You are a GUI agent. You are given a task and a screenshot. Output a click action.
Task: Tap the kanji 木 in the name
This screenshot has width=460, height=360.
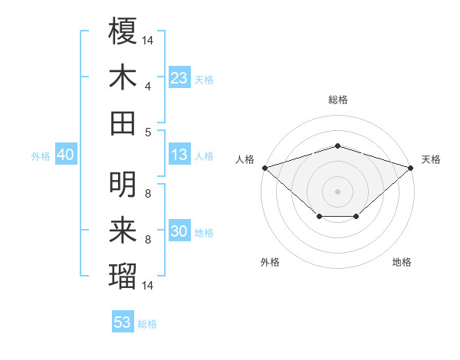click(x=123, y=77)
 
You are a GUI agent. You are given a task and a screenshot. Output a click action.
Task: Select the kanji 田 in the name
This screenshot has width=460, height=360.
click(x=123, y=123)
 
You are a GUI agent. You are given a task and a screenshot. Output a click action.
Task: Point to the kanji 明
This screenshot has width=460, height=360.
click(x=123, y=185)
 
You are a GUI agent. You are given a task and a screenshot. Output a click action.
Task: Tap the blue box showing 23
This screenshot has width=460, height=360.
click(x=179, y=77)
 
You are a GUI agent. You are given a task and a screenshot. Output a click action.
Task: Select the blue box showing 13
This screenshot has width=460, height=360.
click(x=179, y=155)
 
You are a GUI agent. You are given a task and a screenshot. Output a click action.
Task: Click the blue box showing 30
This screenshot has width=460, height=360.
click(x=179, y=231)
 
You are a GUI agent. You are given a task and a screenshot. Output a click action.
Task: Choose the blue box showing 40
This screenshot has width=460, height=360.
click(x=65, y=155)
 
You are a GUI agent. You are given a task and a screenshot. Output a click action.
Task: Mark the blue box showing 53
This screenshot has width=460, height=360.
click(x=123, y=322)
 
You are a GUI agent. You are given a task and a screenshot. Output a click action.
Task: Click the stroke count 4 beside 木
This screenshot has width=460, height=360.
click(x=148, y=86)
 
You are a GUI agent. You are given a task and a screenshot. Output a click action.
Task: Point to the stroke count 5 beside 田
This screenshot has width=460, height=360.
click(x=148, y=132)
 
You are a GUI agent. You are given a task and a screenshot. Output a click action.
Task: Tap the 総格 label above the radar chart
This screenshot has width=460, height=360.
click(x=338, y=100)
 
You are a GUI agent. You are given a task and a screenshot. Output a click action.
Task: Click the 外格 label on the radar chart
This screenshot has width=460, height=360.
click(x=270, y=262)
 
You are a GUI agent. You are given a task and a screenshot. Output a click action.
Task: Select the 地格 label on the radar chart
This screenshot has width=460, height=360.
click(x=402, y=262)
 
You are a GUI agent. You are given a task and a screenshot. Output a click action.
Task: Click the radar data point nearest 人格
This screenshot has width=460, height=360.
click(x=264, y=167)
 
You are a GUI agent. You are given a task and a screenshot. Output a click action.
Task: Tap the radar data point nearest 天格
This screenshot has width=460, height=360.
click(x=411, y=167)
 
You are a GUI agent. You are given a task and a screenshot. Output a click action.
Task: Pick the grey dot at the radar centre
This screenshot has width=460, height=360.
click(x=338, y=191)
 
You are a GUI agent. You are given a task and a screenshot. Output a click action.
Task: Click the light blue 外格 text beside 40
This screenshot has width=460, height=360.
click(x=41, y=155)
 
